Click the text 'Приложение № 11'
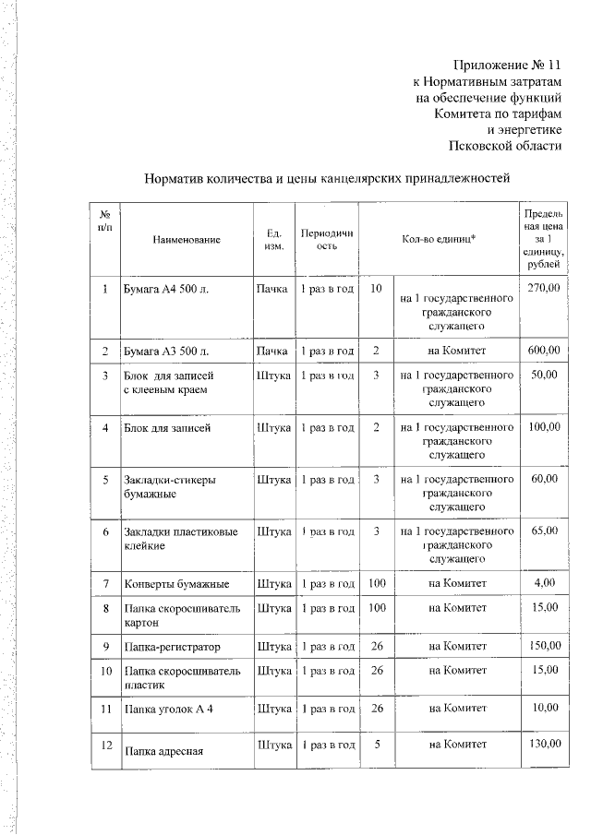(507, 66)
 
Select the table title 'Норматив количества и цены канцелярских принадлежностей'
(327, 178)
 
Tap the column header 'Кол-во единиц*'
(439, 240)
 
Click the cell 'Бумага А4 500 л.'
(167, 290)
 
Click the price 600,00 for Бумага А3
(543, 351)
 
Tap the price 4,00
(544, 584)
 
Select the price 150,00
(543, 646)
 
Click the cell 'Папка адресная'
(163, 749)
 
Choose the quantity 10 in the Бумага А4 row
(376, 290)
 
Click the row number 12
(106, 744)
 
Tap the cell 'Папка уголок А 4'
(169, 708)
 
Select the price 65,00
(544, 531)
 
